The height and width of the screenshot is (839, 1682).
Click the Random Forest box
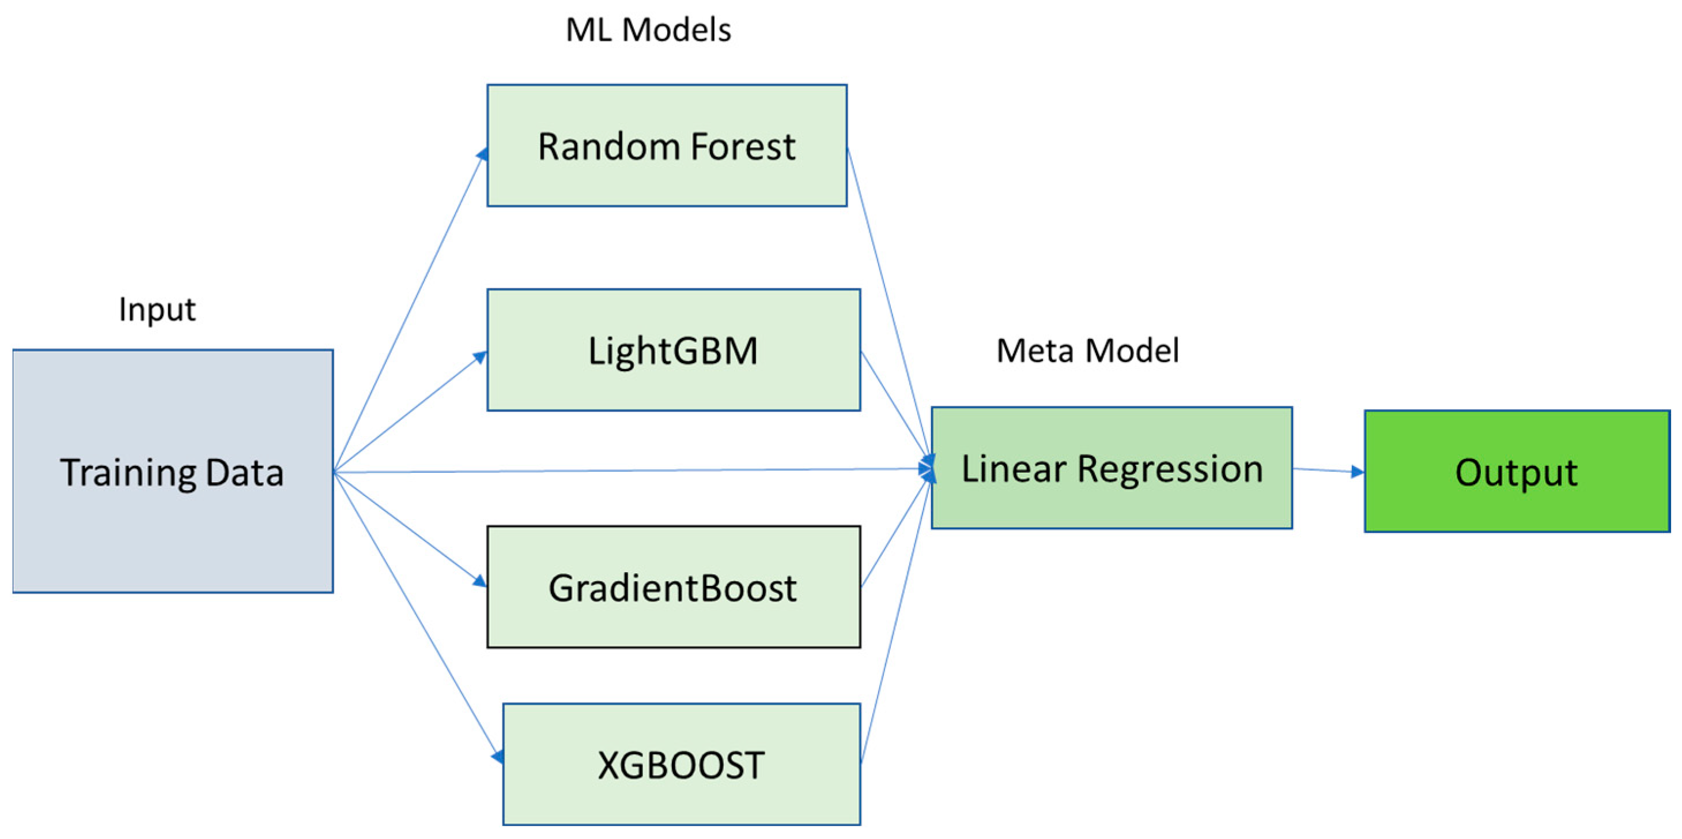click(x=667, y=146)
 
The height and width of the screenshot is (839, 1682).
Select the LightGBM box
click(x=673, y=350)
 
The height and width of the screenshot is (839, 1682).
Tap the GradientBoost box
click(x=673, y=587)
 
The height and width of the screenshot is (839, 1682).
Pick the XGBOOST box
click(x=681, y=765)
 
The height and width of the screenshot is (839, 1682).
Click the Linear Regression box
click(x=1112, y=468)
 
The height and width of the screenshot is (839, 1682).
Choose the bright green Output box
click(x=1516, y=471)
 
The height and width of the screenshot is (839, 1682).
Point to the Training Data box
click(x=172, y=471)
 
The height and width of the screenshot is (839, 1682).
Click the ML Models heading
click(x=648, y=30)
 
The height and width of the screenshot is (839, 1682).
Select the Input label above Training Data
click(x=157, y=309)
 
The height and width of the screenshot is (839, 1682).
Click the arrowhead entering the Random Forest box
click(x=482, y=154)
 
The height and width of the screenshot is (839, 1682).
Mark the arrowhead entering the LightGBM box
click(x=481, y=357)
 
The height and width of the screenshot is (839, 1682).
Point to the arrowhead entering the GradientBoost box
click(x=480, y=580)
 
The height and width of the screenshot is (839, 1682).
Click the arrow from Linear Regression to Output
click(x=1329, y=470)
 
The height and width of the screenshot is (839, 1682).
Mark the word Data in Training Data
click(x=244, y=472)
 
